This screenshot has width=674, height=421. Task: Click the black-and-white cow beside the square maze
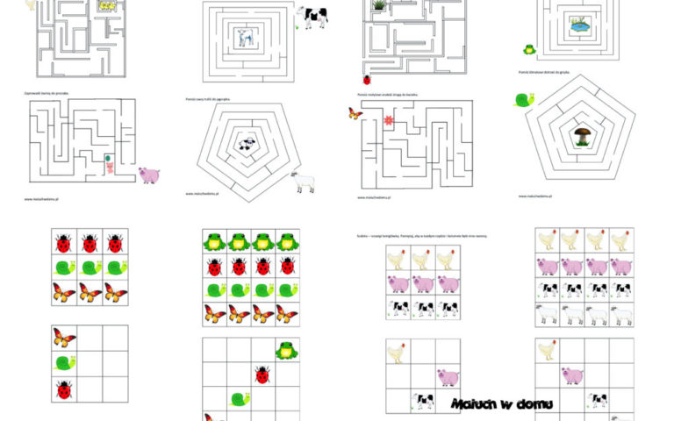pos(314,16)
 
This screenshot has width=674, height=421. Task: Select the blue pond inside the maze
pos(579,26)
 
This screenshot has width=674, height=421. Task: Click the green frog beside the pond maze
pos(529,50)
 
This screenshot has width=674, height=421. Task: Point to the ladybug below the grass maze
pos(366,79)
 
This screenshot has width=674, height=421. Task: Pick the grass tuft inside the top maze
pos(378,5)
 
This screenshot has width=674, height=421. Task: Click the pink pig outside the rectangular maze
pos(148,175)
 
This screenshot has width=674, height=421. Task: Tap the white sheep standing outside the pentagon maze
pos(303,182)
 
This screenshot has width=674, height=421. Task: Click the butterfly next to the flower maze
pos(355,113)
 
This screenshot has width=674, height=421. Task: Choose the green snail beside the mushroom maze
pos(524,100)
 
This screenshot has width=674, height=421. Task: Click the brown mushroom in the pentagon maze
pos(582,135)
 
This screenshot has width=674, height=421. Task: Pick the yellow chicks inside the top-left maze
pos(109,6)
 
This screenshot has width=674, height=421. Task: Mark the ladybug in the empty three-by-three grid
pos(63,389)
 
